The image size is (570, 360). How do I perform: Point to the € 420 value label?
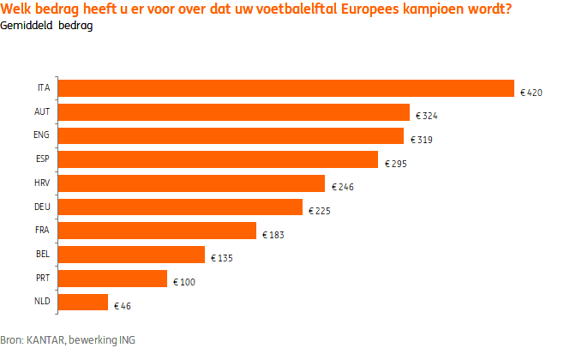(531, 91)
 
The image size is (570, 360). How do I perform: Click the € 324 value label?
(427, 115)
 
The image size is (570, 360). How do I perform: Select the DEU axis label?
(42, 207)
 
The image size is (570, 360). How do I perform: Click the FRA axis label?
(43, 231)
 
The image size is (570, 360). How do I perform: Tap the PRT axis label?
(43, 278)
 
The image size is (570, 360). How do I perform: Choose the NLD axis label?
(43, 302)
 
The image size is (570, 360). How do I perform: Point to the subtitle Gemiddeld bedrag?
(47, 26)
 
